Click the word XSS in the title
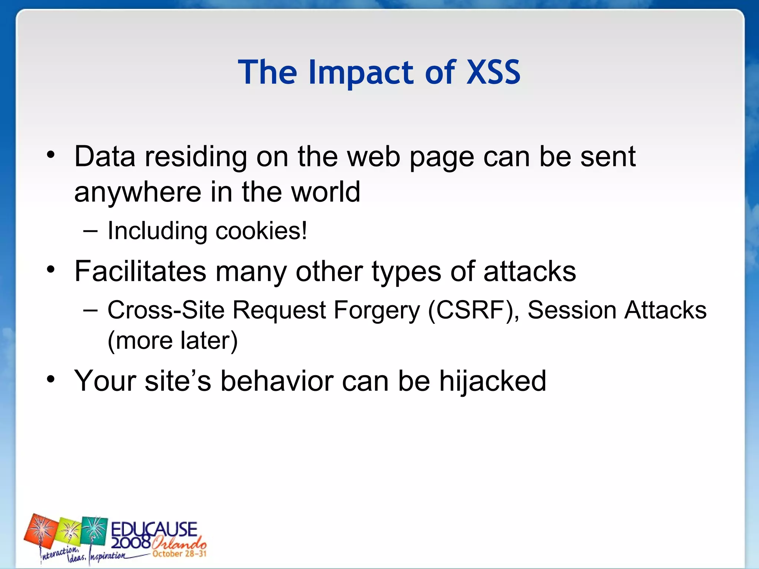[493, 72]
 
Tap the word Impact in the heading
[362, 73]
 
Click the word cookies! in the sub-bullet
[261, 231]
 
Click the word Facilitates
[140, 271]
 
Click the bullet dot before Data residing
[51, 155]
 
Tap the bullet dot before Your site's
[51, 379]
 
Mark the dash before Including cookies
[90, 231]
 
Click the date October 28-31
[179, 554]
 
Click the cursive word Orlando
[179, 543]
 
